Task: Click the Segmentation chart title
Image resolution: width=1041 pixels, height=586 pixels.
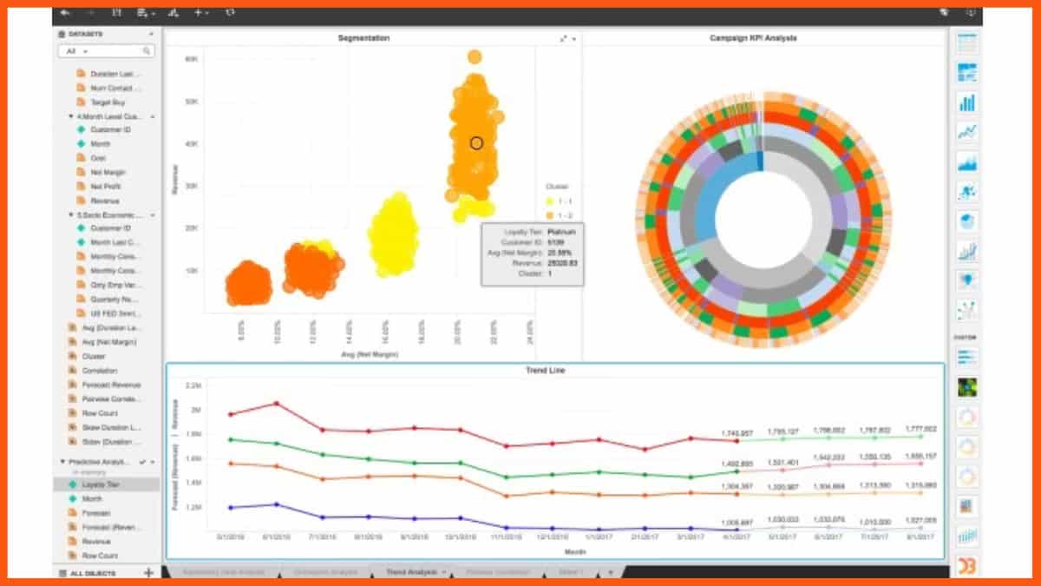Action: (363, 38)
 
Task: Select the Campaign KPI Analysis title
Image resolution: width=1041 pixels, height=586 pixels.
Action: (753, 38)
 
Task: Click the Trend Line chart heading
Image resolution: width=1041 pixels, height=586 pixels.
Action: (546, 371)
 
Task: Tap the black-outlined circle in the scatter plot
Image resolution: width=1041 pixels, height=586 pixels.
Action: (476, 142)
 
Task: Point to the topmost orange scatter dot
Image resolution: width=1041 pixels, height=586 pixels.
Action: (475, 57)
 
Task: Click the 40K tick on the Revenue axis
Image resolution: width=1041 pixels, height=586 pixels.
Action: (192, 144)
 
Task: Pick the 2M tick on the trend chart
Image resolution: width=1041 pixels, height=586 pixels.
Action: (196, 409)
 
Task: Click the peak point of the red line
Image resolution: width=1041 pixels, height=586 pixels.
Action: (276, 403)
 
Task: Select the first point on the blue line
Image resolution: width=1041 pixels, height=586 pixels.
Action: (231, 507)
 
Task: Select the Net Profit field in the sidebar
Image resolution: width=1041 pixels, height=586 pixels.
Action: (105, 187)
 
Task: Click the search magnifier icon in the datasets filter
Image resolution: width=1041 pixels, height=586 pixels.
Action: (147, 51)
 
